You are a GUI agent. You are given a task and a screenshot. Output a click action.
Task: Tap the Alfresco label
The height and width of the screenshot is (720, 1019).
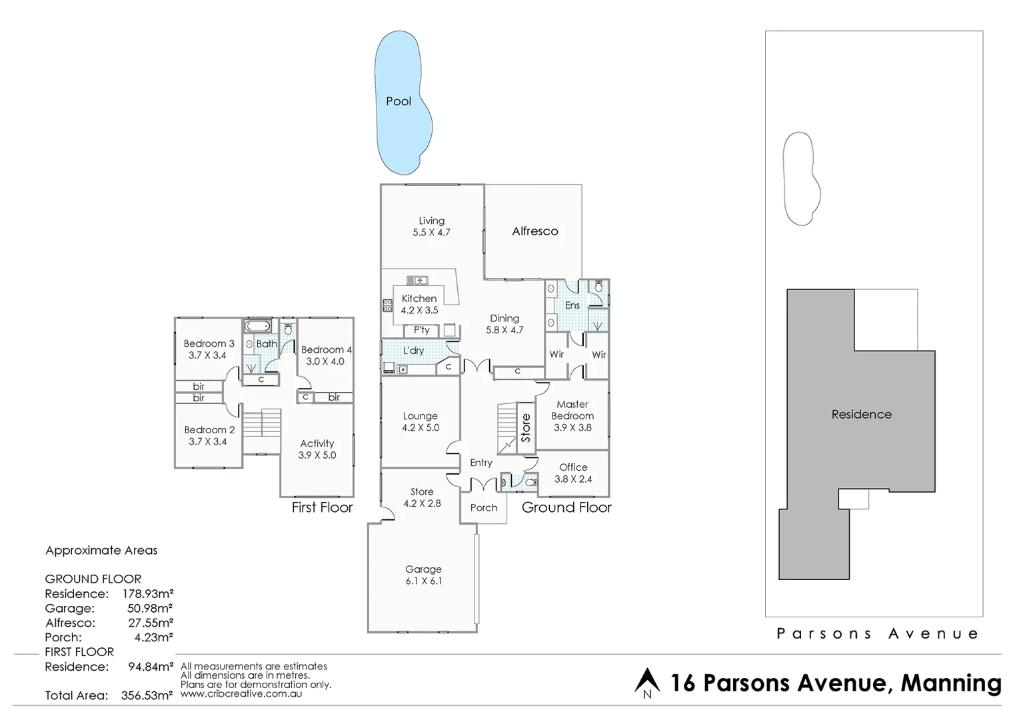click(534, 231)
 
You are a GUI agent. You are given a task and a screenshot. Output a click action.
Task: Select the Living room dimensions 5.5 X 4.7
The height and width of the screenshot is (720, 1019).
click(431, 233)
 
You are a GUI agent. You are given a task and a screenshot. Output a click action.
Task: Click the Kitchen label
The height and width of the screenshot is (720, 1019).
click(419, 299)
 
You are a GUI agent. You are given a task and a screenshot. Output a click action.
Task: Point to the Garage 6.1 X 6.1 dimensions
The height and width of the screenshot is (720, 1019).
click(423, 581)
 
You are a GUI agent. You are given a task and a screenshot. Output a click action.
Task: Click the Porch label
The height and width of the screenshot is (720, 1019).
click(484, 507)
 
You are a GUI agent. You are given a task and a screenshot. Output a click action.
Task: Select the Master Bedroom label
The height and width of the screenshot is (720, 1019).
click(572, 409)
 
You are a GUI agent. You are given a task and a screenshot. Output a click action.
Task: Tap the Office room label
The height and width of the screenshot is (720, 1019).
click(573, 467)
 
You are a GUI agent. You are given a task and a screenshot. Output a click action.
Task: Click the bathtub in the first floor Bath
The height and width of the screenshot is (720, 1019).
click(257, 327)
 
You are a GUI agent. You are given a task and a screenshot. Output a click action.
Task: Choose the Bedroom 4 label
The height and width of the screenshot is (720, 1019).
click(326, 349)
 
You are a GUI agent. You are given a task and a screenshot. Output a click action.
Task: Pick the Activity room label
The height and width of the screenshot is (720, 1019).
click(317, 443)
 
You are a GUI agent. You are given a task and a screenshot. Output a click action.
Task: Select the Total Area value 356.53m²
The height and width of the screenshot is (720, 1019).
click(147, 695)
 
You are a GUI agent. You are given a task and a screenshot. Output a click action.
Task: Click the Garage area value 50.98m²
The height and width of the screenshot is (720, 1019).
click(150, 608)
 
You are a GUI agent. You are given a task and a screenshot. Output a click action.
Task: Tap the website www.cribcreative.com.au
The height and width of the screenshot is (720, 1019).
click(241, 693)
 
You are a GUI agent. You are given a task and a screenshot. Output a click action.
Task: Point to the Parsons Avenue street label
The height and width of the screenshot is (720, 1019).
click(878, 633)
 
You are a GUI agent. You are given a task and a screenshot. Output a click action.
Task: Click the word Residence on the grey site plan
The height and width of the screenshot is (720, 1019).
click(861, 414)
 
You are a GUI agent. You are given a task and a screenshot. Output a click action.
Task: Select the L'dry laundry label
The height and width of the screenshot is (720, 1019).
click(413, 351)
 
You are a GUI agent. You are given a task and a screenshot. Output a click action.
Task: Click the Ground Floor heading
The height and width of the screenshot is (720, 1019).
click(566, 507)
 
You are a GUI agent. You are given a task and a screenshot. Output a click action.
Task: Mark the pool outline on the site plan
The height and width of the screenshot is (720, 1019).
click(798, 179)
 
